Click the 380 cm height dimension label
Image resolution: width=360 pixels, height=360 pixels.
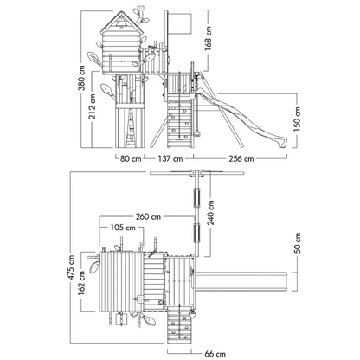82,78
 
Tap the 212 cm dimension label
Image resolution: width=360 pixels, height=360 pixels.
93,106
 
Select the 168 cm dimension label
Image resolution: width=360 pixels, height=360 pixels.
208,39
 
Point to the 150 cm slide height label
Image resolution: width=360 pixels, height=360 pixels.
297,119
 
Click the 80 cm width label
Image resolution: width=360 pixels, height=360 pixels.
131,158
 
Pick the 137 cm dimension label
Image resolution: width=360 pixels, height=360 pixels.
170,158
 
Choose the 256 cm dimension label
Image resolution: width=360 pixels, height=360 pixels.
241,158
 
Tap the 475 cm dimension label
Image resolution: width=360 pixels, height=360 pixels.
71,267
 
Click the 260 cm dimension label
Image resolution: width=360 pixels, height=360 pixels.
148,216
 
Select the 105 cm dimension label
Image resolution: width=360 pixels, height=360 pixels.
123,228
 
